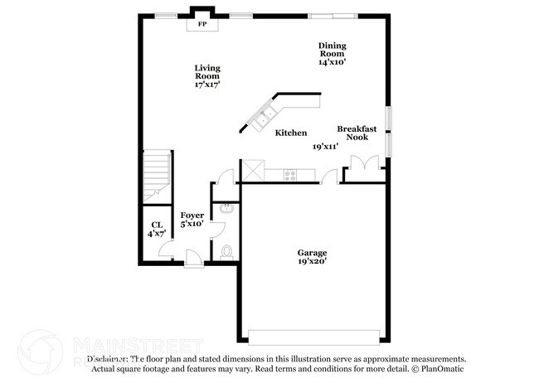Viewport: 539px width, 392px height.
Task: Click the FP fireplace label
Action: coord(202,25)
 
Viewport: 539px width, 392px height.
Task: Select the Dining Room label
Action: coord(332,50)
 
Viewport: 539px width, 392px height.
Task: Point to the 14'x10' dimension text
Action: coord(332,61)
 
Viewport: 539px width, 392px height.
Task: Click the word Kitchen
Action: coord(291,133)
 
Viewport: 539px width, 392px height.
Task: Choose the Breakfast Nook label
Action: coord(357,133)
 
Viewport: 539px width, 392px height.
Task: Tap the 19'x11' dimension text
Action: coord(325,147)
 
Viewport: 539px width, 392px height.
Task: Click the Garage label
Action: coord(313,252)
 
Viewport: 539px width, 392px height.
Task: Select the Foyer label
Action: coord(192,215)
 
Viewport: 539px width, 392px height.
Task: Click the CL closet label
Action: coord(156,225)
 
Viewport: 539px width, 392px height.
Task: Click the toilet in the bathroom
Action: coord(226,250)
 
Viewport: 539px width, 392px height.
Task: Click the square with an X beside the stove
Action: coord(252,172)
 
